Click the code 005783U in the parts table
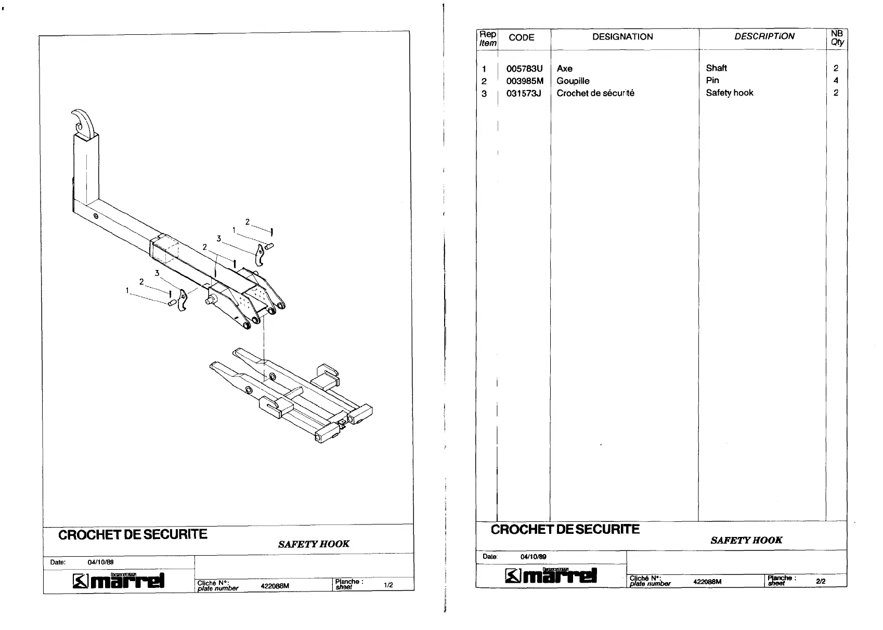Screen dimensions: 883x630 [x=524, y=69]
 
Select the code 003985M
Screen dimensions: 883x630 [x=525, y=81]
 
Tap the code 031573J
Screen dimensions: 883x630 [x=524, y=94]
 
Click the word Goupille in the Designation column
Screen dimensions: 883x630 [x=573, y=81]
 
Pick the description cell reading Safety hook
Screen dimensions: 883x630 [x=729, y=93]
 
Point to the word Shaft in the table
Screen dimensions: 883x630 [x=716, y=68]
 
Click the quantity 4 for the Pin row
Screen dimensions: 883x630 [x=836, y=81]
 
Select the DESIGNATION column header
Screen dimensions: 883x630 [x=622, y=37]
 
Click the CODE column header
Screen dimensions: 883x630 [x=522, y=37]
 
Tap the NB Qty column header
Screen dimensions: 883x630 [x=837, y=38]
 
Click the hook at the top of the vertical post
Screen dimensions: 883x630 [x=84, y=121]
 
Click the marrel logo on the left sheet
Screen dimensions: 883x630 [x=119, y=581]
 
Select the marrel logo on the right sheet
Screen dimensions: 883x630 [x=551, y=575]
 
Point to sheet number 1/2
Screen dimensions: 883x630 [x=388, y=585]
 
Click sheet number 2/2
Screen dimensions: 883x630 [x=821, y=582]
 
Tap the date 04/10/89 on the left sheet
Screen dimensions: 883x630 [x=100, y=562]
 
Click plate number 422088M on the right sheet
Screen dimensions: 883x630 [x=707, y=582]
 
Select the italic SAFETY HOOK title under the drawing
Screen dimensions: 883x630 [x=314, y=544]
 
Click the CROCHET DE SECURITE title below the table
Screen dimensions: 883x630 [x=565, y=530]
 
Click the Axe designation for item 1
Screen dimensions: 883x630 [x=564, y=69]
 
